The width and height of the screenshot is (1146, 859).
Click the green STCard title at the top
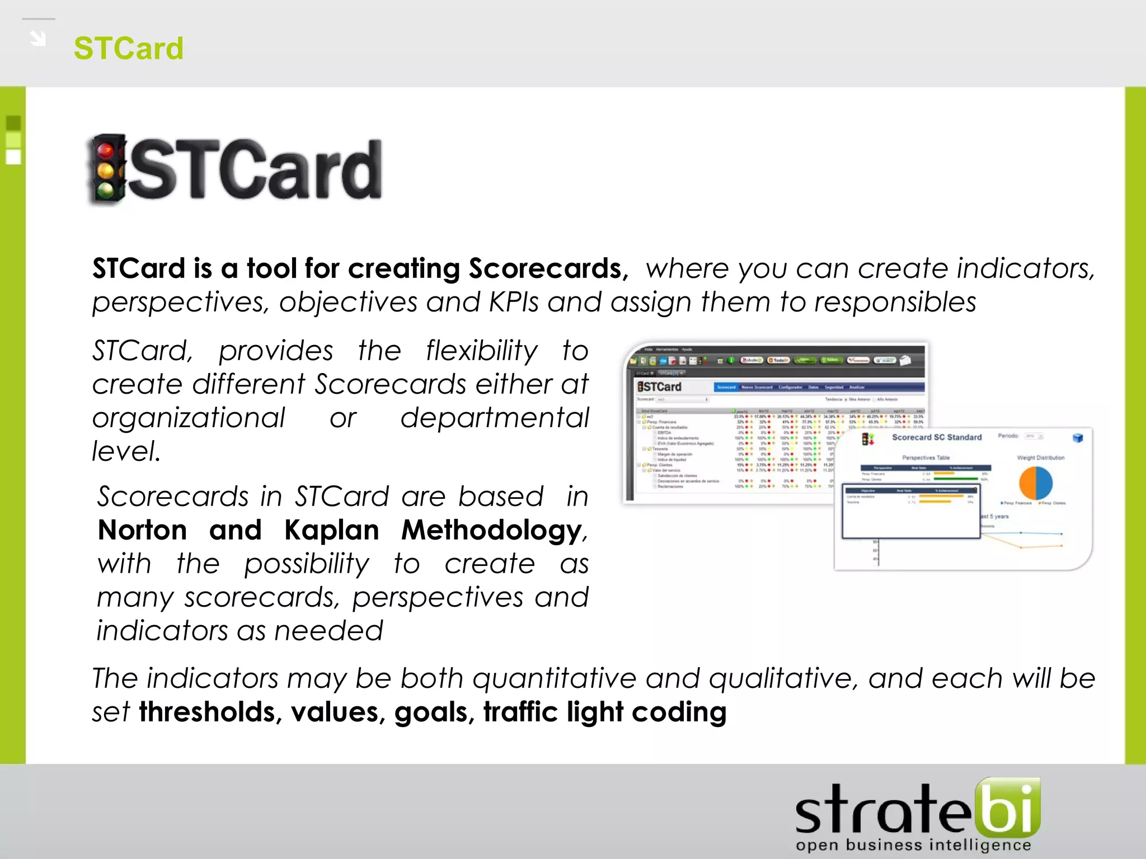(x=128, y=48)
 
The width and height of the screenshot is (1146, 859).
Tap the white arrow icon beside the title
(x=38, y=39)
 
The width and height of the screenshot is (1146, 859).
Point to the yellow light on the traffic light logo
(x=105, y=171)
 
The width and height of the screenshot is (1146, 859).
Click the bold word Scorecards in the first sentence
(x=545, y=268)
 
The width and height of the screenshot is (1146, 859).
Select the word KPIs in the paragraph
(x=514, y=303)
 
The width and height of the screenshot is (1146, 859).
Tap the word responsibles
(x=895, y=303)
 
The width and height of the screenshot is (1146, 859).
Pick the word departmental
(x=495, y=418)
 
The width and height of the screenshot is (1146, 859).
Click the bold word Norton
(x=142, y=530)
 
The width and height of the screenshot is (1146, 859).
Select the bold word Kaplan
(x=332, y=530)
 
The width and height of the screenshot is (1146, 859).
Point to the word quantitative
(x=555, y=679)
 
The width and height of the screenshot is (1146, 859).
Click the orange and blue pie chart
(x=1036, y=483)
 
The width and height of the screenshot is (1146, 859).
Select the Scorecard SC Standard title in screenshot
(x=936, y=437)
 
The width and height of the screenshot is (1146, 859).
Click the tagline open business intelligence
(x=913, y=845)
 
